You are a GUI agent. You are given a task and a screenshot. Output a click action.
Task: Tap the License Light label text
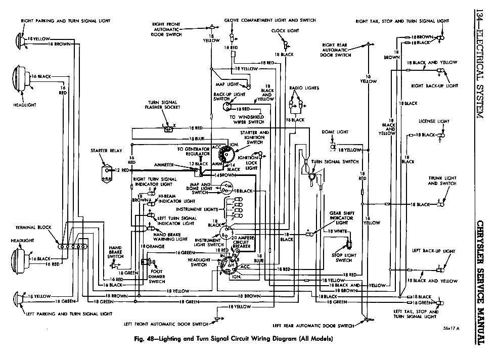[x=433, y=121]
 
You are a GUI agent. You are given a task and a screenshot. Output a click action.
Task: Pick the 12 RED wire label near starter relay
[x=123, y=170]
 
